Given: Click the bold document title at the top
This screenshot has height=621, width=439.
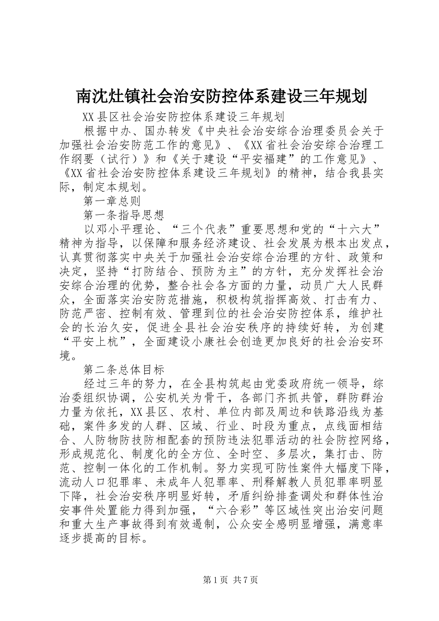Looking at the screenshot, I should [x=221, y=96].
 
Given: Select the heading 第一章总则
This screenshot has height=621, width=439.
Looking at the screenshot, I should [x=111, y=201].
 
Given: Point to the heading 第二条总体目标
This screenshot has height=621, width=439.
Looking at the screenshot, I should [x=123, y=369].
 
